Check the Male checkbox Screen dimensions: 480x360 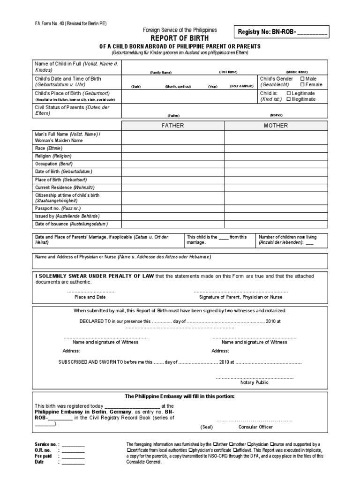(302, 78)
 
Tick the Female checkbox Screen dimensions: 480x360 (302, 85)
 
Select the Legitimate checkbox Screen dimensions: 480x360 (289, 93)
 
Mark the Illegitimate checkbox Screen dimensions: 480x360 (289, 99)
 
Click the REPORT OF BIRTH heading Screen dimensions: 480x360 (180, 38)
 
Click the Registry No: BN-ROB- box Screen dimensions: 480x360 (284, 32)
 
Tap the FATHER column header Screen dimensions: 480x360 (173, 126)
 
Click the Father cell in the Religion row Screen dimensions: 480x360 (173, 156)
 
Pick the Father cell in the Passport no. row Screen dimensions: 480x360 (173, 208)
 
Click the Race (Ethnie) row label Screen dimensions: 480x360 (49, 148)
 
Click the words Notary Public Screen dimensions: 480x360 (254, 382)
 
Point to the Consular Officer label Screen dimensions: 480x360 (255, 427)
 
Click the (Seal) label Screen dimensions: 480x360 (207, 427)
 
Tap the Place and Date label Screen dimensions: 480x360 (90, 297)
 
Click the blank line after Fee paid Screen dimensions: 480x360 (73, 456)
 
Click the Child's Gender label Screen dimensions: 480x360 (277, 79)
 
